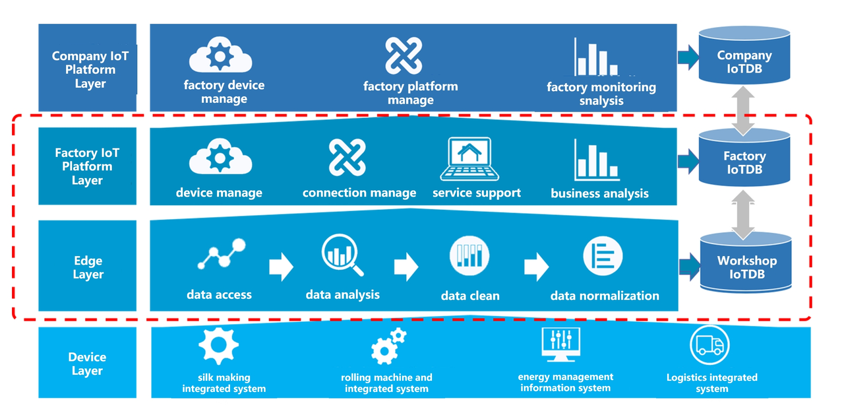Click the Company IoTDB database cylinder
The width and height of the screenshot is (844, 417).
click(744, 55)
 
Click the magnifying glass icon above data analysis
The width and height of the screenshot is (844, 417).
click(342, 256)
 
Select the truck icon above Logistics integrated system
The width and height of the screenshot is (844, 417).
click(710, 345)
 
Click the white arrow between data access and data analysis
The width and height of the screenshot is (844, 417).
click(281, 267)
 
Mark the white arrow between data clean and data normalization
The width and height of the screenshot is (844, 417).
click(536, 267)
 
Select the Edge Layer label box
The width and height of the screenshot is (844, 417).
click(88, 266)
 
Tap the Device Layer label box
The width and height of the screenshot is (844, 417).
click(87, 363)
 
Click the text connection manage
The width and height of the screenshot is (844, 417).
click(359, 193)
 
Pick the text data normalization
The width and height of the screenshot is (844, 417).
click(605, 296)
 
